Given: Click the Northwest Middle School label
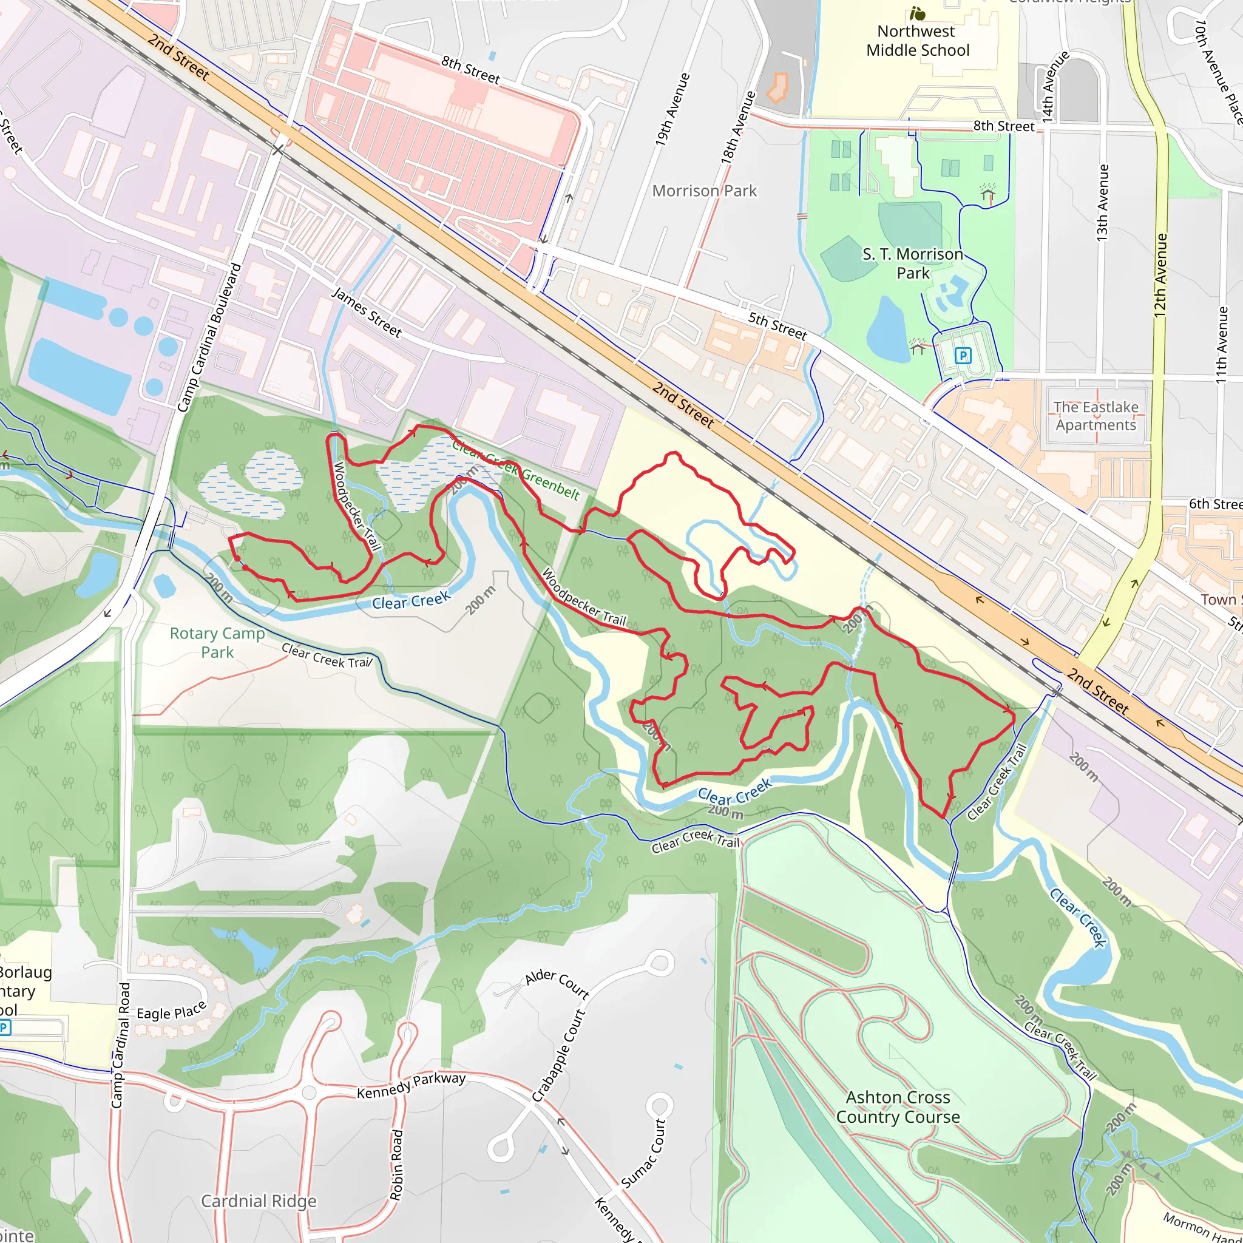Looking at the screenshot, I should (x=917, y=41).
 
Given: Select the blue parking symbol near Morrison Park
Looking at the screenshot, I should (x=963, y=355).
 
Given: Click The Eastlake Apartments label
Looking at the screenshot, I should (x=1096, y=416).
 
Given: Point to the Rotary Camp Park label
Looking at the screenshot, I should (x=217, y=642).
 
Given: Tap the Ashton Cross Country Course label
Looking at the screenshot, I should (x=898, y=1106).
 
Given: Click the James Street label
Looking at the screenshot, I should (x=366, y=313).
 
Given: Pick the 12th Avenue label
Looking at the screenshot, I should (x=1160, y=275).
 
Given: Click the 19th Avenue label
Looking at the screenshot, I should (x=672, y=109).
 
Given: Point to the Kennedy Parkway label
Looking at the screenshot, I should (x=411, y=1085).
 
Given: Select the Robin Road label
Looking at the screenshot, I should (x=396, y=1164).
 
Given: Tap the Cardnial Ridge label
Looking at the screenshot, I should (x=259, y=1201).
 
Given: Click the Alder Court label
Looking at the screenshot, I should (x=557, y=983).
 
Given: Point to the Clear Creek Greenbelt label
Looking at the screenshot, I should (x=515, y=469).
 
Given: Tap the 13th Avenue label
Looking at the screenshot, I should (x=1103, y=203).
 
